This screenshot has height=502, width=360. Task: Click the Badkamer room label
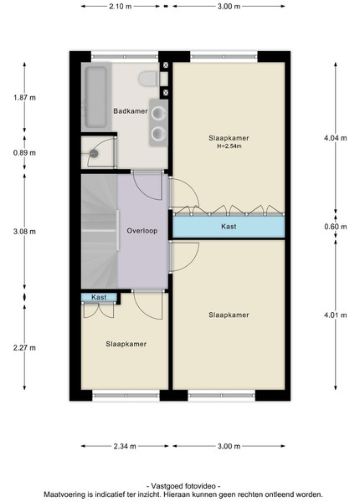(x=131, y=111)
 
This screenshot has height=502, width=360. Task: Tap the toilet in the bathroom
(x=149, y=79)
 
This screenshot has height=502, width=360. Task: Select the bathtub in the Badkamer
(x=95, y=97)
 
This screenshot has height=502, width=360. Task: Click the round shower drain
(x=94, y=154)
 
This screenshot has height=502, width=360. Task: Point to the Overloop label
(x=141, y=231)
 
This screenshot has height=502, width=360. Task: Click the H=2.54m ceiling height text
(x=229, y=146)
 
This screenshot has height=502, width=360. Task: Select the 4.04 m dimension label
(x=336, y=138)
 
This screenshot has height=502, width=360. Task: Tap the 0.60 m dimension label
(x=336, y=227)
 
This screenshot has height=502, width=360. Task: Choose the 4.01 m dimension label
(x=336, y=315)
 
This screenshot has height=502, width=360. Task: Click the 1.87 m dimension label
(x=24, y=98)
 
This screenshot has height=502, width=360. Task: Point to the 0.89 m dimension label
(x=24, y=153)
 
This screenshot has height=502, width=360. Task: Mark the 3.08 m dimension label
(x=24, y=232)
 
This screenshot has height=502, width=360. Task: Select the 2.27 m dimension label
(x=24, y=348)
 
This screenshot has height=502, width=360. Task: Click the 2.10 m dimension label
(x=120, y=7)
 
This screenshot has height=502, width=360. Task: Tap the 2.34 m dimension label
(x=125, y=446)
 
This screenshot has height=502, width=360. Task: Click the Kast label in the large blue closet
(x=229, y=227)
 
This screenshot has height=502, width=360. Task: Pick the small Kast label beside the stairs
(x=99, y=297)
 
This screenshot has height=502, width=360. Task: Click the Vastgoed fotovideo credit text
(x=183, y=486)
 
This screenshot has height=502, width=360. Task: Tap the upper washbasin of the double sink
(x=158, y=113)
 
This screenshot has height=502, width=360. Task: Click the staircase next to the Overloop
(x=100, y=231)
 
